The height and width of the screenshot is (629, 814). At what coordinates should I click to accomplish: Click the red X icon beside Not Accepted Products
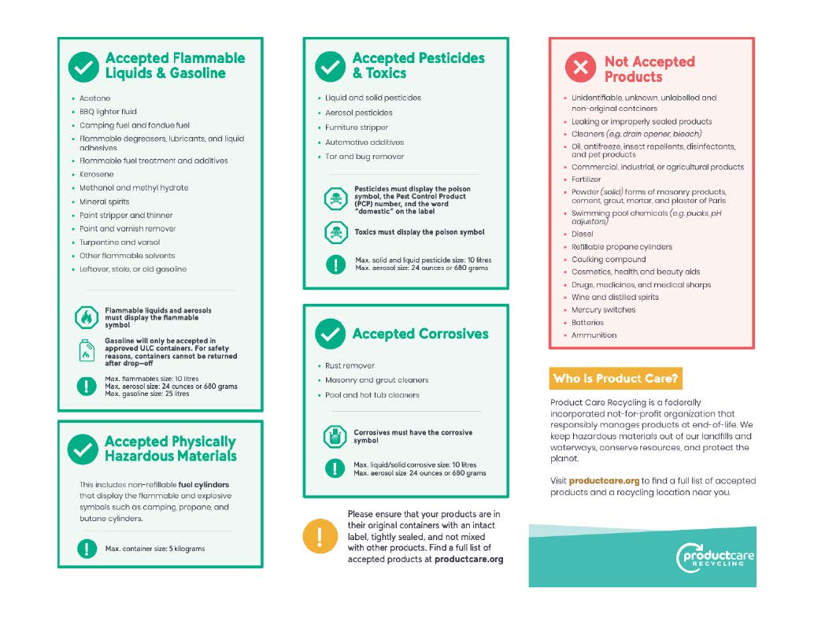(x=581, y=68)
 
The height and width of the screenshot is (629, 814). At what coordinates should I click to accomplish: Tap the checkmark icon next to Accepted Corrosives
(x=331, y=334)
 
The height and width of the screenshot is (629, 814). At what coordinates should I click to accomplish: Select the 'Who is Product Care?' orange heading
(x=615, y=379)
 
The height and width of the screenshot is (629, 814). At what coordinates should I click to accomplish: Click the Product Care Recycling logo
(x=715, y=558)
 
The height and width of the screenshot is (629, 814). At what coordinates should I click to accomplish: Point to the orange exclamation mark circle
(x=319, y=537)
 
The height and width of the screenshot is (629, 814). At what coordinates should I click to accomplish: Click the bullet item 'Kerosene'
(x=96, y=174)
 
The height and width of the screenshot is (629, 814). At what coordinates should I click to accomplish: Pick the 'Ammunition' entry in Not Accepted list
(x=594, y=335)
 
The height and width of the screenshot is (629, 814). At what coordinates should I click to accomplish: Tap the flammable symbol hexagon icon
(x=85, y=317)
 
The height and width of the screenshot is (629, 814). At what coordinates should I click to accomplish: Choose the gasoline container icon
(x=85, y=351)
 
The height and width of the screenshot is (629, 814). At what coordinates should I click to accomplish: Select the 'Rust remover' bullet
(x=350, y=366)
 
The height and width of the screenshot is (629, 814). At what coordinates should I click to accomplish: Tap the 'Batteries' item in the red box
(x=587, y=323)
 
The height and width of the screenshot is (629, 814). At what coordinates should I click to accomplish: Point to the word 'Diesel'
(x=583, y=234)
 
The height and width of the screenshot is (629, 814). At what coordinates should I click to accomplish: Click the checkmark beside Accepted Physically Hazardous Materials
(x=83, y=449)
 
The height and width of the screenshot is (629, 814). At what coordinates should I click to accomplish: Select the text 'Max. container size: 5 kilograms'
(x=154, y=548)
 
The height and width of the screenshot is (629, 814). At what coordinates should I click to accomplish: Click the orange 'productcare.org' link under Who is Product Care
(x=604, y=480)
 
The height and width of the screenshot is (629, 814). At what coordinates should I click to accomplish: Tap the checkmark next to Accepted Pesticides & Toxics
(x=331, y=66)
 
